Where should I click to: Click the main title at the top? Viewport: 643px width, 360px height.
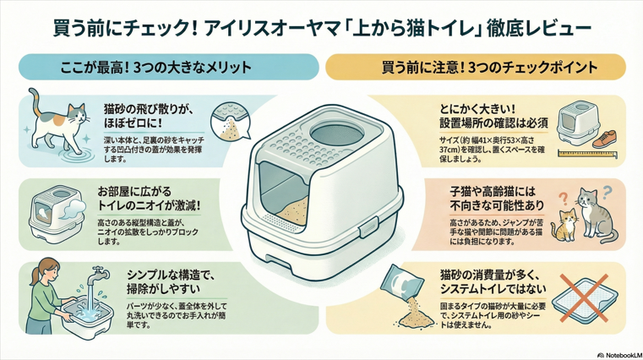(321, 29)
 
